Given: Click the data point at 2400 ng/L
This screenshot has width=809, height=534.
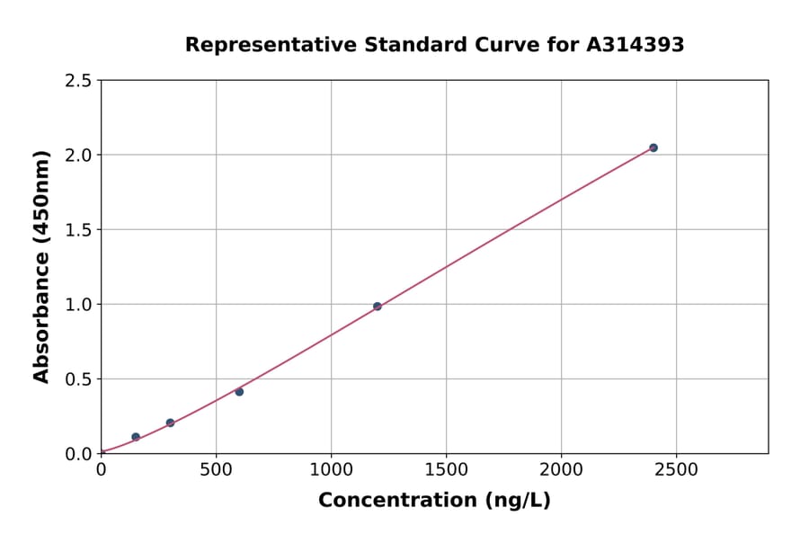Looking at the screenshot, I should pos(653,147).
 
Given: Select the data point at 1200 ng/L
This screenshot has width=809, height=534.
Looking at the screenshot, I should pos(378,307).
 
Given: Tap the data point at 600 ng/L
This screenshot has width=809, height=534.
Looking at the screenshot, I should pos(239,392).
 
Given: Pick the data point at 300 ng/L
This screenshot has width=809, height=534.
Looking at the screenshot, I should pos(170,423).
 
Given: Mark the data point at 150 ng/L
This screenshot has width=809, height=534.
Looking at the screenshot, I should pos(136,437).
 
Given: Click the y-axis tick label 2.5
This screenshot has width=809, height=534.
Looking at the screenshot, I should pos(78,81).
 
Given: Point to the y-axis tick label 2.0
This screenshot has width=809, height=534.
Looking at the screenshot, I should pos(78,156).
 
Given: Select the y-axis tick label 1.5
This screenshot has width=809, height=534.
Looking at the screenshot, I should pos(78,230).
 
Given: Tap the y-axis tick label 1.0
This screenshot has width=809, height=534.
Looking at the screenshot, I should pos(78,305).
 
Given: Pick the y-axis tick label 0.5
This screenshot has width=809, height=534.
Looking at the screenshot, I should pos(78,379).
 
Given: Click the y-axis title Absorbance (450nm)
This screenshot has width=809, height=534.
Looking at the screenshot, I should pos(41,267).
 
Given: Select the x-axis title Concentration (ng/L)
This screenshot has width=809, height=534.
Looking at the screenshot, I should pos(434,501).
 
